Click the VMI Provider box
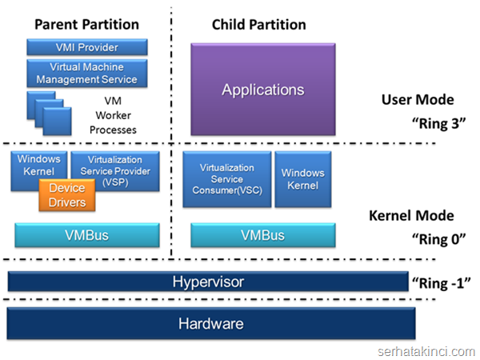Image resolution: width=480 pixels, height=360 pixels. tap(87, 47)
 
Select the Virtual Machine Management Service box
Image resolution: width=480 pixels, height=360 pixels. tap(87, 73)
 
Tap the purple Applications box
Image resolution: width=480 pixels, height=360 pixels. tap(263, 90)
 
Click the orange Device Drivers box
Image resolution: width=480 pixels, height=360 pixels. tap(67, 195)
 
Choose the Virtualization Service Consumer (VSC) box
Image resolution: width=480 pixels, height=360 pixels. tap(227, 179)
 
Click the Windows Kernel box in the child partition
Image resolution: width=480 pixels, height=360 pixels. tap(303, 179)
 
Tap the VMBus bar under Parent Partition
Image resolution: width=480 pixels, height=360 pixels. tap(87, 235)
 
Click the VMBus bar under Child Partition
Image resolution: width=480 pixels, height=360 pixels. tap(263, 235)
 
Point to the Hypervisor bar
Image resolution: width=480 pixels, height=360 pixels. tap(208, 282)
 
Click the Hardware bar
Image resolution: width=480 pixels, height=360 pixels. tap(211, 323)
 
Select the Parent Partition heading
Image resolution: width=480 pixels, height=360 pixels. tap(86, 25)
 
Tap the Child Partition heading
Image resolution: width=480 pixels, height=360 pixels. tap(259, 25)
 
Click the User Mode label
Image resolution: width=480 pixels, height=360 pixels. tap(418, 100)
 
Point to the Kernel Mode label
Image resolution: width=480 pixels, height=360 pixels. tap(411, 215)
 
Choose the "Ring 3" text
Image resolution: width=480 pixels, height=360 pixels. tap(438, 123)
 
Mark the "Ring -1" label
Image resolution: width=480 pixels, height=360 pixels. tap(441, 283)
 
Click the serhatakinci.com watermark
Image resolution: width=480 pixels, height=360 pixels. tap(426, 352)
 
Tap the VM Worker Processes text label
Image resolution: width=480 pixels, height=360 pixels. tap(113, 115)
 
